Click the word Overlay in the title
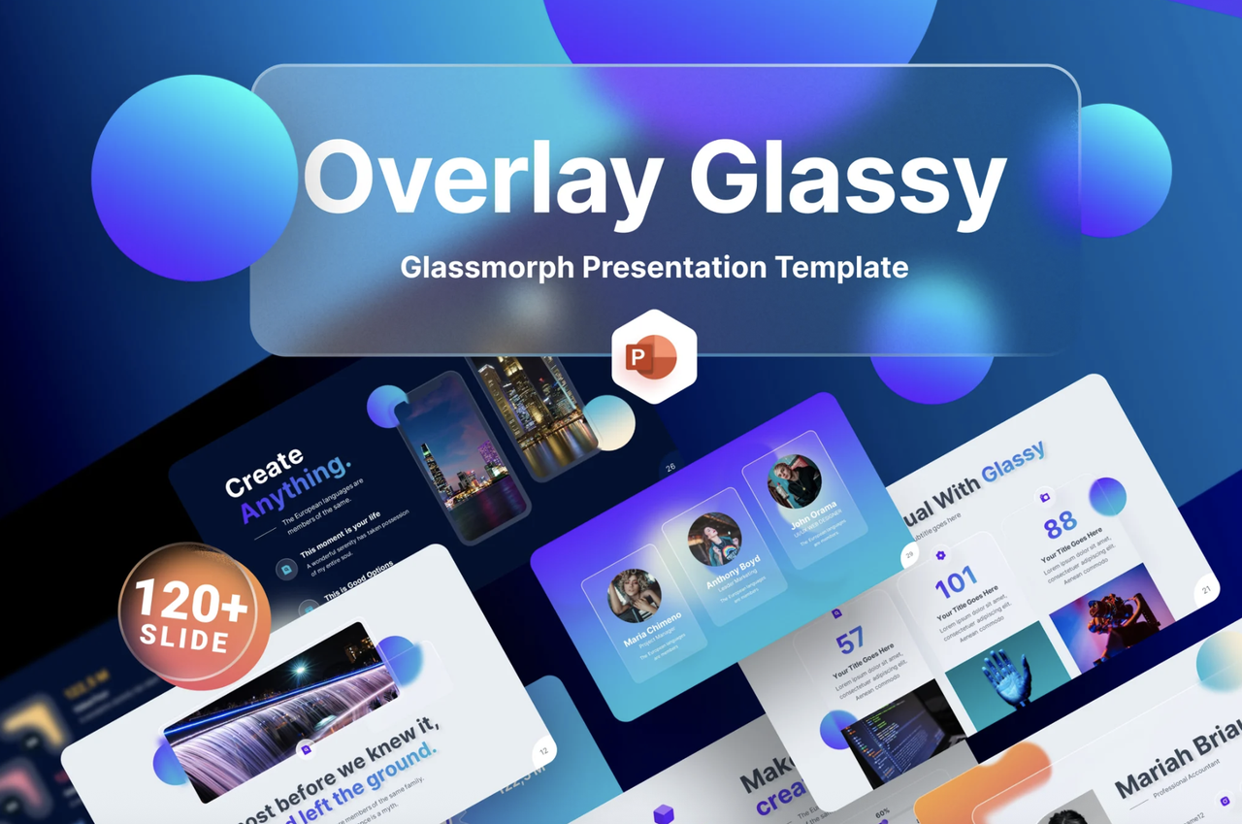point(481,179)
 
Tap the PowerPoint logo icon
point(655,356)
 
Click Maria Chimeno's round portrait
point(635,595)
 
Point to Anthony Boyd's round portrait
point(714,540)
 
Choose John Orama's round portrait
point(795,481)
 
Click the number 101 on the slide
point(956,582)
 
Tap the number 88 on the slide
point(1061,525)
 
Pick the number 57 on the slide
point(849,641)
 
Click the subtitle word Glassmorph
point(487,267)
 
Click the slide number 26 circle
point(670,470)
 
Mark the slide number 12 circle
point(543,750)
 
